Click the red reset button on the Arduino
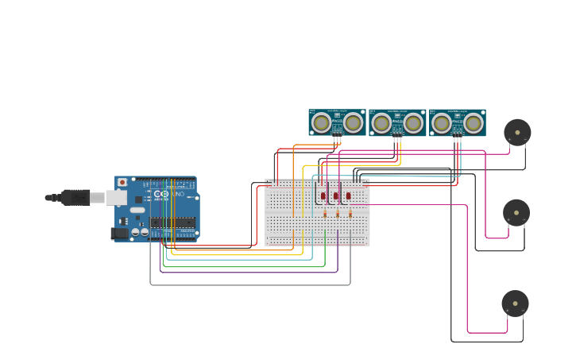point(122,182)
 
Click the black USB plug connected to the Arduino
point(75,197)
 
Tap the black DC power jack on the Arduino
point(120,234)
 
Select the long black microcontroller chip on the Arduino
point(172,223)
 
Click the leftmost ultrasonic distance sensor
point(337,122)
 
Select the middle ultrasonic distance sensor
point(397,122)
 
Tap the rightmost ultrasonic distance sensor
point(458,122)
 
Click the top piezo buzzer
point(517,132)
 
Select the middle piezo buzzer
point(516,212)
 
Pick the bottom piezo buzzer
point(515,304)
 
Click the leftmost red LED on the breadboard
point(323,195)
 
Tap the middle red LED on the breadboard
point(336,195)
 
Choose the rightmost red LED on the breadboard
point(348,195)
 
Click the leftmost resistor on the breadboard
point(325,214)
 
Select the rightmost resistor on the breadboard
point(350,214)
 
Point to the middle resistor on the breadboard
point(338,214)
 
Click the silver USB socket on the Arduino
point(116,197)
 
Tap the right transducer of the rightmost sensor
point(474,123)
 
